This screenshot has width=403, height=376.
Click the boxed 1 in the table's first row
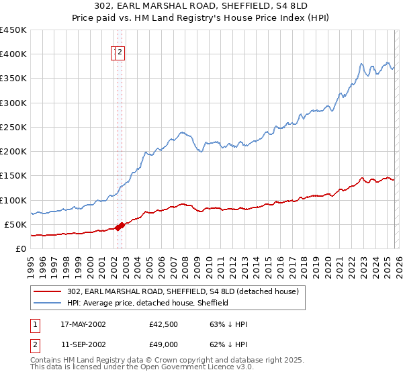coord(36,324)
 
